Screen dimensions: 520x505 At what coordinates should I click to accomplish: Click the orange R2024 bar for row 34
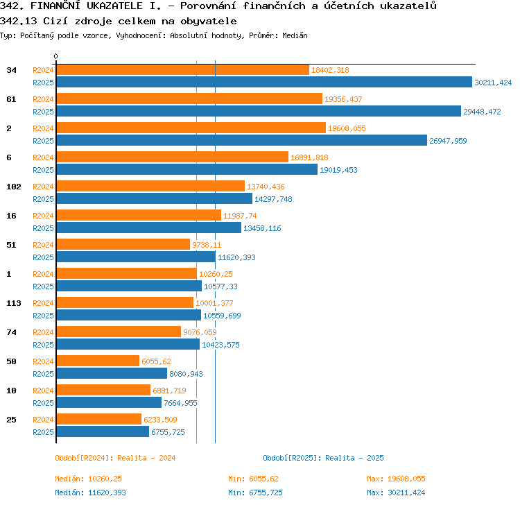coord(183,69)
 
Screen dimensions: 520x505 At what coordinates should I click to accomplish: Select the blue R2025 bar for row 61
coord(259,111)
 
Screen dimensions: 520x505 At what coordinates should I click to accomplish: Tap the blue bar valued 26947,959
coord(242,140)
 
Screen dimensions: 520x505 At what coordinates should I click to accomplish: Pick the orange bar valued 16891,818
coord(173,157)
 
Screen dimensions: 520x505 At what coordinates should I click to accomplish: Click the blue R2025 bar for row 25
coord(103,431)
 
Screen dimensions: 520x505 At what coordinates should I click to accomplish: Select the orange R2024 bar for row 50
coord(98,361)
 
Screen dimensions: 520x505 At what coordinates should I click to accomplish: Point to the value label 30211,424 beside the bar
coord(493,83)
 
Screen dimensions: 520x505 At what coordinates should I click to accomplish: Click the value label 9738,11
coord(207,245)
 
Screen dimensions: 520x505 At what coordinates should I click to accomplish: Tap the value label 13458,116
coord(262,228)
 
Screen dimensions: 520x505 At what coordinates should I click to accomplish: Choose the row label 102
coord(14,187)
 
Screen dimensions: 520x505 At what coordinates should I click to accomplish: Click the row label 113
coord(14,303)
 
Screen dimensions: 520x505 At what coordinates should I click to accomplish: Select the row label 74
coord(11,332)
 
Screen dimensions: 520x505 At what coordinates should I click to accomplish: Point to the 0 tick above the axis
coord(55,56)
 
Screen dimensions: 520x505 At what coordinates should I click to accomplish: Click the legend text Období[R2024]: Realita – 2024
coord(115,458)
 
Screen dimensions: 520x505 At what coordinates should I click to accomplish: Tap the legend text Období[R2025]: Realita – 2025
coord(323,458)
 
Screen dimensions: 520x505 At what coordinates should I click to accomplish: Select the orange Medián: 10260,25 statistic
coord(89,479)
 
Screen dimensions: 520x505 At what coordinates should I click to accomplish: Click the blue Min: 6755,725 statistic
coord(255,493)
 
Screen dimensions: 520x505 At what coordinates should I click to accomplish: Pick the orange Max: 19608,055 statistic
coord(396,479)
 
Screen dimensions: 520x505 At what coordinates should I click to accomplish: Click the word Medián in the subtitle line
coord(295,35)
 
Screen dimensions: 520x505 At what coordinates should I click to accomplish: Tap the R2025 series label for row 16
coord(43,228)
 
